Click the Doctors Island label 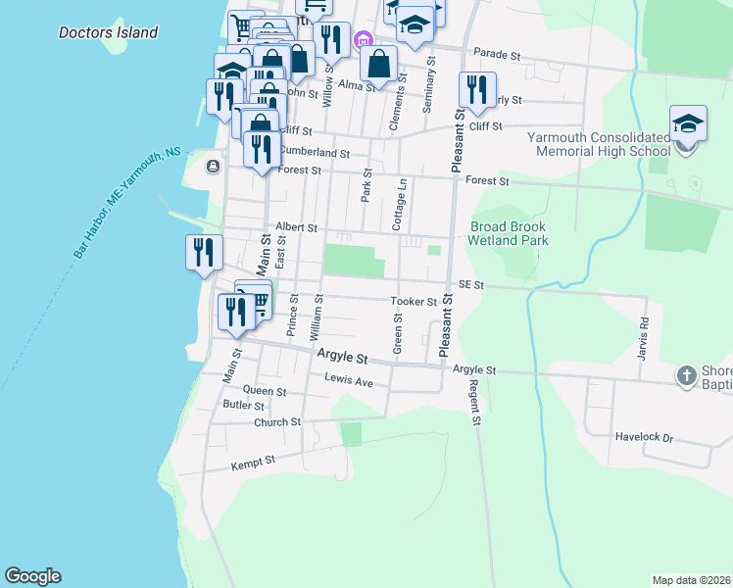(x=108, y=32)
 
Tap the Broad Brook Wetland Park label (x=508, y=232)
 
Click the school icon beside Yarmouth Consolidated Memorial (x=688, y=125)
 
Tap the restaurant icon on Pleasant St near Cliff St (x=476, y=90)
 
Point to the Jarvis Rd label (x=644, y=336)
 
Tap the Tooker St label (x=413, y=302)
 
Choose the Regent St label (x=475, y=402)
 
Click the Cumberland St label (x=315, y=153)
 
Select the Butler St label (x=244, y=405)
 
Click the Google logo (x=32, y=576)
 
